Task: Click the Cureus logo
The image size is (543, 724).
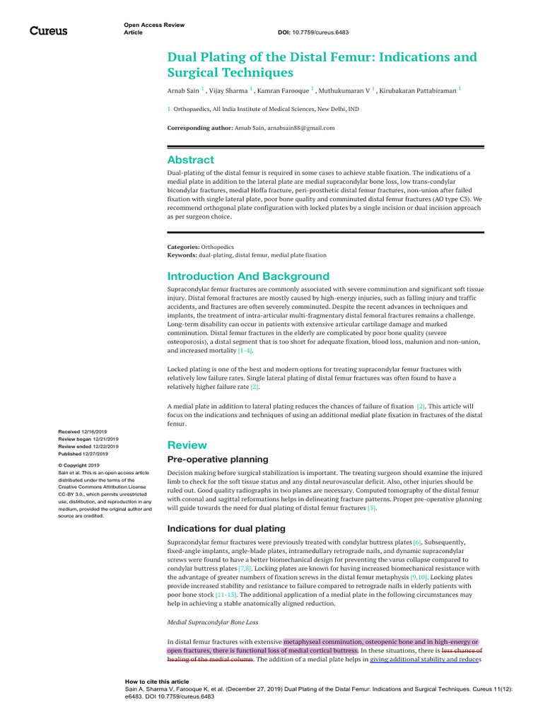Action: (x=48, y=31)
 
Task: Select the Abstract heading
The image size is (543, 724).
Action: (x=190, y=160)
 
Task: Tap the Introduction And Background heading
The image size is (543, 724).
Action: (x=248, y=276)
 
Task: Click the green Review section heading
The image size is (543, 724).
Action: (x=187, y=445)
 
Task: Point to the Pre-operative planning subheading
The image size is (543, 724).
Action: (x=218, y=460)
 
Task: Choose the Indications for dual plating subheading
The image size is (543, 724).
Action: (x=226, y=528)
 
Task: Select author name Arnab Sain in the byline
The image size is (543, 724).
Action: (x=183, y=91)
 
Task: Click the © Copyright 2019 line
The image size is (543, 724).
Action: (x=78, y=465)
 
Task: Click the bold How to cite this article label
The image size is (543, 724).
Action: (x=156, y=682)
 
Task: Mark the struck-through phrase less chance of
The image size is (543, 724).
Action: (x=462, y=650)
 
